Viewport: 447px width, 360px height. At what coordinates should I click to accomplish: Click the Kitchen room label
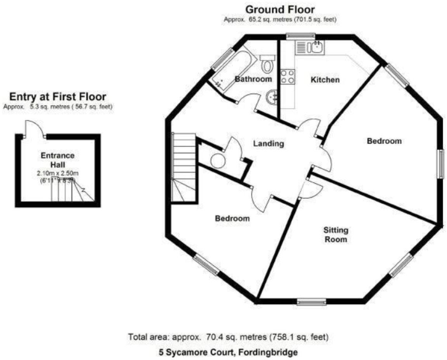tap(325, 80)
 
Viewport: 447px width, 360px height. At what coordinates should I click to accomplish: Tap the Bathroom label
tap(253, 79)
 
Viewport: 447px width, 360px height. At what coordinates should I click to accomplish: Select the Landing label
tap(269, 144)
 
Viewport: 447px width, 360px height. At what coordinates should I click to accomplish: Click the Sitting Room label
tap(336, 234)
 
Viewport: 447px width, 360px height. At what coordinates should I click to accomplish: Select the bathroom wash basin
tap(271, 95)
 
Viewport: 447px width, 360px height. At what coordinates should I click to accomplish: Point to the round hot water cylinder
tap(218, 161)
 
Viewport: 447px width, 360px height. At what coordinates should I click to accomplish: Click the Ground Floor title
tap(280, 9)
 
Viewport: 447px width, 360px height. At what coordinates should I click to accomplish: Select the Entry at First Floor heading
tap(57, 96)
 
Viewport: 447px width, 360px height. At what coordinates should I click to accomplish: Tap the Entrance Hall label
tap(57, 159)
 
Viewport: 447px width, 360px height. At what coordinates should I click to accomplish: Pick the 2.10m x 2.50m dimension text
tap(57, 173)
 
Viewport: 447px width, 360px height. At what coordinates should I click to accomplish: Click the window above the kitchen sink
tap(300, 36)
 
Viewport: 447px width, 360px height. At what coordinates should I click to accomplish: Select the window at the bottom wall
tap(312, 301)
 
